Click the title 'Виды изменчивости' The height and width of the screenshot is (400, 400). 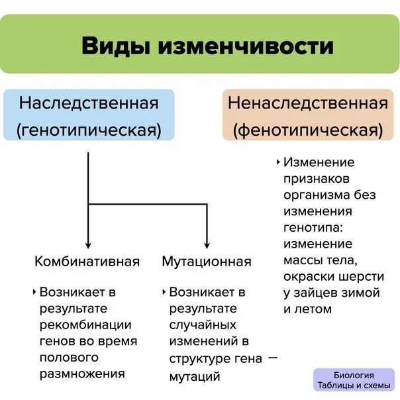[x=207, y=46]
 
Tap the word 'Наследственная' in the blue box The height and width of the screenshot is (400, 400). [x=89, y=103]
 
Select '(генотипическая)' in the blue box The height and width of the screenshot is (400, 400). [x=89, y=130]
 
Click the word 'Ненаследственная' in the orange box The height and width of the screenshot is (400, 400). [x=307, y=103]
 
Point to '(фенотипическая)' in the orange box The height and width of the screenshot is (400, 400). [x=307, y=130]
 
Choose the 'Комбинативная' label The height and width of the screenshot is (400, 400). [x=87, y=261]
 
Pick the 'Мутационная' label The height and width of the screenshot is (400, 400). [x=207, y=261]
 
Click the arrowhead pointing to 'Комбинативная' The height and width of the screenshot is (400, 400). [x=88, y=244]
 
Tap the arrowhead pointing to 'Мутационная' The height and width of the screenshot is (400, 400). [x=207, y=244]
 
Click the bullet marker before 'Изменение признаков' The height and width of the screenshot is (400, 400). [x=278, y=162]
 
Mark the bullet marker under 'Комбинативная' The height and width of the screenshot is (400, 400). [x=34, y=291]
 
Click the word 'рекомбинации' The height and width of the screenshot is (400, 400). [x=85, y=325]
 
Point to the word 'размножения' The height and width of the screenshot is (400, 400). [x=82, y=374]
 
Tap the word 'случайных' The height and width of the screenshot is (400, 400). [x=203, y=325]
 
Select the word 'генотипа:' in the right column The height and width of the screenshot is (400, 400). [x=314, y=228]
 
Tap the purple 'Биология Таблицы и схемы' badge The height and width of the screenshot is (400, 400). [x=354, y=379]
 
